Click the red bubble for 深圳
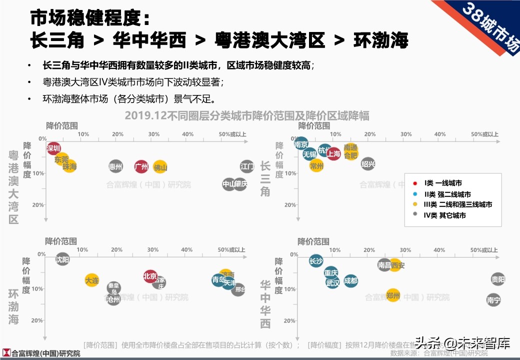click(x=54, y=148)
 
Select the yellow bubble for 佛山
click(x=160, y=167)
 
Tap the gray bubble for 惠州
click(x=115, y=166)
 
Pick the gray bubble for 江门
click(x=247, y=166)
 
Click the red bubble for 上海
click(x=333, y=154)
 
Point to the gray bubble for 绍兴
click(x=368, y=163)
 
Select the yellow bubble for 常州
click(x=316, y=165)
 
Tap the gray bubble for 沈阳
click(x=62, y=259)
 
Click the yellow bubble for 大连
click(x=92, y=280)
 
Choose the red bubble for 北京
click(x=150, y=276)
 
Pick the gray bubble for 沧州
click(x=114, y=299)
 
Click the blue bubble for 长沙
click(x=316, y=261)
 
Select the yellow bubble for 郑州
click(x=393, y=295)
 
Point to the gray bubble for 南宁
click(x=493, y=300)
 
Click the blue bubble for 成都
click(x=351, y=281)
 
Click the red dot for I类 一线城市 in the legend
click(x=416, y=183)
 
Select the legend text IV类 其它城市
click(x=445, y=215)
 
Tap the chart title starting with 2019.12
click(x=246, y=115)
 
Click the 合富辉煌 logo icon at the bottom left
click(x=6, y=353)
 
